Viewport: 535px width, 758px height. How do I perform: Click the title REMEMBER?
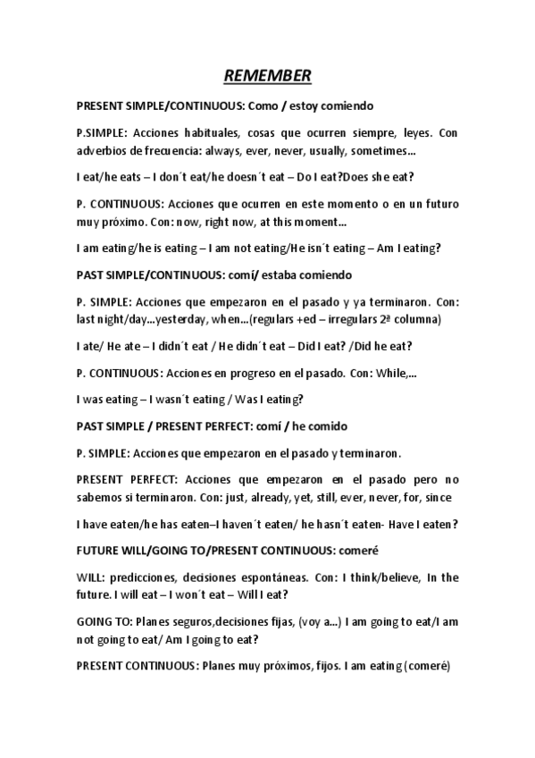click(x=267, y=76)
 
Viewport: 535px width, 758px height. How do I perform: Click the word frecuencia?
click(x=169, y=150)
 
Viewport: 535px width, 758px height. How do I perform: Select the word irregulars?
click(x=350, y=319)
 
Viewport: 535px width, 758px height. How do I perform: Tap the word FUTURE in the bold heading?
click(x=99, y=550)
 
